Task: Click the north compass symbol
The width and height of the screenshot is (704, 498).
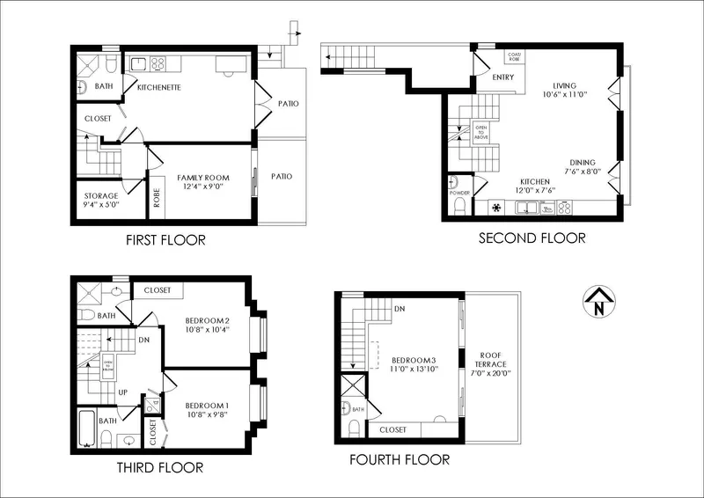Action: click(598, 302)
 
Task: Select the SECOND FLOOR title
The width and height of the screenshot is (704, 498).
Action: click(532, 238)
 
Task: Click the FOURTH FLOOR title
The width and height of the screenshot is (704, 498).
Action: click(400, 459)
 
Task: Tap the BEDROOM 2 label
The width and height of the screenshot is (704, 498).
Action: click(207, 319)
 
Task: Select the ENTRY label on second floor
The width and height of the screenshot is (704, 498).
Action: click(503, 77)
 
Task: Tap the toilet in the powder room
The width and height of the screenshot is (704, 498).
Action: click(458, 207)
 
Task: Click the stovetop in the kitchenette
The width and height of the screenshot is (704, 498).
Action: click(158, 62)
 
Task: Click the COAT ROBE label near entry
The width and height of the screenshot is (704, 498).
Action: click(514, 55)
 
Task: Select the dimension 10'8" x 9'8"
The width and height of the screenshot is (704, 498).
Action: click(207, 414)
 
